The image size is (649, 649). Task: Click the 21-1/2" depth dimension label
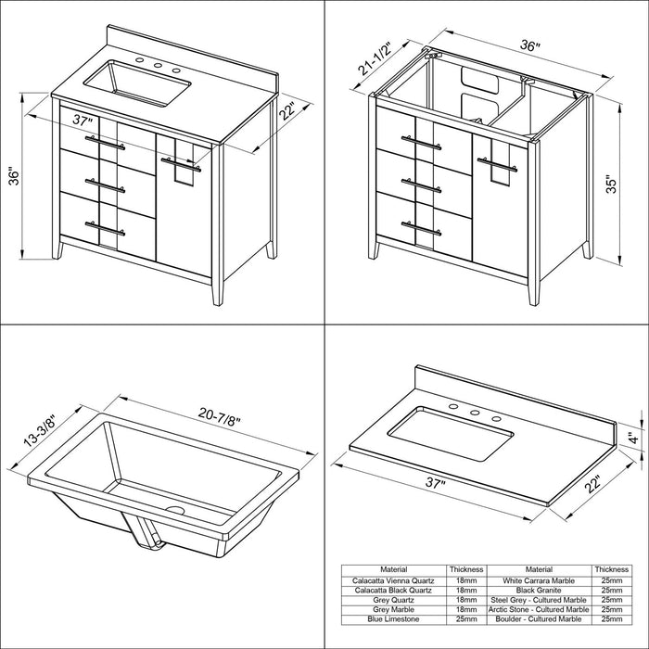[x=375, y=57]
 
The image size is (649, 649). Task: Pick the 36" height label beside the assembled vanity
[x=14, y=176]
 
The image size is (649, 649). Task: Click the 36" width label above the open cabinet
[x=530, y=45]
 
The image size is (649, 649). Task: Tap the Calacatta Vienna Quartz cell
[x=394, y=580]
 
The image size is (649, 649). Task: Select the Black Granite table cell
[x=539, y=591]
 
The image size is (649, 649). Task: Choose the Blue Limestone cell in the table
[x=394, y=619]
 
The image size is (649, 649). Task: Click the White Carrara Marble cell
[x=539, y=580]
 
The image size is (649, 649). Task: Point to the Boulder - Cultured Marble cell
[x=539, y=619]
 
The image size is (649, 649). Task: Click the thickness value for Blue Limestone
[x=466, y=619]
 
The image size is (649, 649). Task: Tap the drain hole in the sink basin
[x=175, y=510]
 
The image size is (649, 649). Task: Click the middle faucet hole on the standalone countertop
[x=475, y=413]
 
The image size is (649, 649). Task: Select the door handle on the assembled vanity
[x=181, y=164]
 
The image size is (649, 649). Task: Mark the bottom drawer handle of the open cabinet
[x=421, y=228]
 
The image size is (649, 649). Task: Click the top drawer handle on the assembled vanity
[x=105, y=142]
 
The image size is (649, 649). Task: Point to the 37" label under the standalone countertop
[x=435, y=483]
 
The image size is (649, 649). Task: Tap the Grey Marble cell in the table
[x=394, y=610]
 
